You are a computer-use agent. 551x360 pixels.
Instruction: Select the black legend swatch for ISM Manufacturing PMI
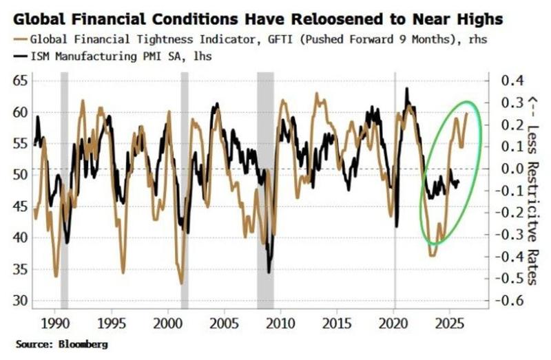point(19,56)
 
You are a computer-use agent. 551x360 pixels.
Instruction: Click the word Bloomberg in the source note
point(83,343)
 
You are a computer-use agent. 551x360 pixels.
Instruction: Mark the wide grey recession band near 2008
point(265,193)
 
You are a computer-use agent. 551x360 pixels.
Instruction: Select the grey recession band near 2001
point(185,193)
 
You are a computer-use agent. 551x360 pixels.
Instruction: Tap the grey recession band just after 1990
point(65,193)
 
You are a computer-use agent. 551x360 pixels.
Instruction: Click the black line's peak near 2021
point(407,89)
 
